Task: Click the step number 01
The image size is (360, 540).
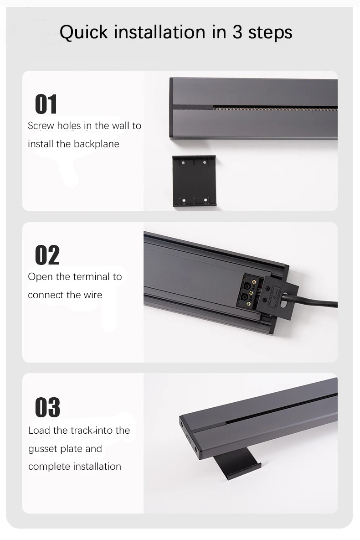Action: point(46,104)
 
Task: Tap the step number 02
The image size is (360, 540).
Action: point(47,255)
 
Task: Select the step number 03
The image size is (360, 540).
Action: point(47,407)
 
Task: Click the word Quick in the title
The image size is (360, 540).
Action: point(84,32)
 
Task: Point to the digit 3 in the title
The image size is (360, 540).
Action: point(238,32)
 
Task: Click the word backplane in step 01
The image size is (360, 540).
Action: point(97,144)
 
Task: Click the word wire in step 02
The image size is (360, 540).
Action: point(93,295)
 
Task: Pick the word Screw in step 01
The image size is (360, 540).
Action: point(41,126)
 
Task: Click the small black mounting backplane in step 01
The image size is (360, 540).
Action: point(194,181)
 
